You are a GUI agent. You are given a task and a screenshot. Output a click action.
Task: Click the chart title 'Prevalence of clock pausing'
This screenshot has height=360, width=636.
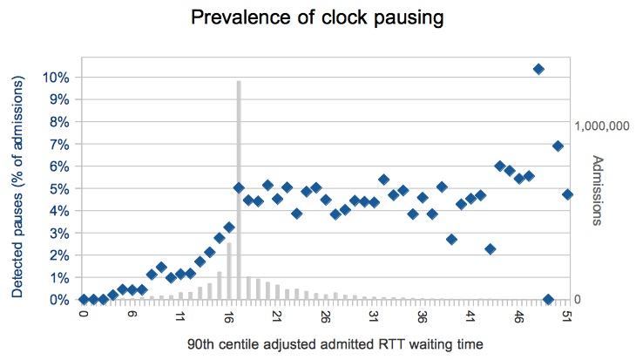pos(317,17)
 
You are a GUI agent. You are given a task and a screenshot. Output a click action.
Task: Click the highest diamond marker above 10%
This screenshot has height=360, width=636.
pos(538,69)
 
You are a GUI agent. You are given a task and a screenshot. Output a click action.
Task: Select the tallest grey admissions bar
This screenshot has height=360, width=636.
pos(239,190)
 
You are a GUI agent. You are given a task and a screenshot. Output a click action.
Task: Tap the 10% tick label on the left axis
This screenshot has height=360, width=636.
pos(56,78)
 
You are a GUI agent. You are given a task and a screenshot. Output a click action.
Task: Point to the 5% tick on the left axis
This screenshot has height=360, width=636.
pos(59,189)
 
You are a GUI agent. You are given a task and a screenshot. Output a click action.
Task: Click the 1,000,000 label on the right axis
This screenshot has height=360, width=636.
pos(602,126)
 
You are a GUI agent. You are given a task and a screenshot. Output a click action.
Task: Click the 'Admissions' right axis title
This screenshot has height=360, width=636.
pos(598,190)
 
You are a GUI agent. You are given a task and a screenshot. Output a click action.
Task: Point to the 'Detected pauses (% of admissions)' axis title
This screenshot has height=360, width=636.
pos(17,187)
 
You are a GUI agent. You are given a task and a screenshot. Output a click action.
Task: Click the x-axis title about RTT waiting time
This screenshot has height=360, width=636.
pos(335,344)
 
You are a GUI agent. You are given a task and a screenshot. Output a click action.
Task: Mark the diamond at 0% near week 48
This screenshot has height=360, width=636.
pos(548,300)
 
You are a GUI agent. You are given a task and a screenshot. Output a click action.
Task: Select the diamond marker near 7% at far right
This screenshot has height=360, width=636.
pos(558,146)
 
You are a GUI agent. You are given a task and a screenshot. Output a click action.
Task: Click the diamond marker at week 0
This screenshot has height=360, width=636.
pos(84,300)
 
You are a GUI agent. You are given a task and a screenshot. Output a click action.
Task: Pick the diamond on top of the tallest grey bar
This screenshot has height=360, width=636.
pos(239,188)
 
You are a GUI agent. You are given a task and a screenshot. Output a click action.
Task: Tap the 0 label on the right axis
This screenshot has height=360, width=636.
pos(577,300)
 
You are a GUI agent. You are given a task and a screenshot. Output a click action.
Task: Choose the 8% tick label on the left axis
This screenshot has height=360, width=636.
pos(59,122)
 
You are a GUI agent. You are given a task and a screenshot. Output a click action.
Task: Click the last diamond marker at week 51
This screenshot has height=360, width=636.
pos(567,194)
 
